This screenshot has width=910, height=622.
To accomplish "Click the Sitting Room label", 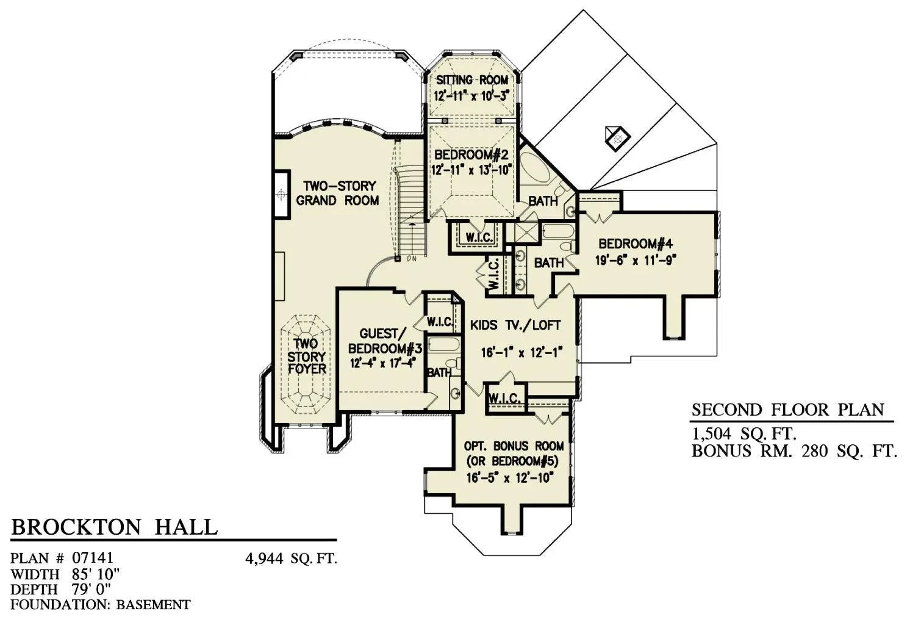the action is pos(471,80).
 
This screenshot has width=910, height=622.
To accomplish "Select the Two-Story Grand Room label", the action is pos(338,193).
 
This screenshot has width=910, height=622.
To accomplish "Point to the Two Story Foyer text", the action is pos(307,356).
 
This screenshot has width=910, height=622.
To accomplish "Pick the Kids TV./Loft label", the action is pos(515,325).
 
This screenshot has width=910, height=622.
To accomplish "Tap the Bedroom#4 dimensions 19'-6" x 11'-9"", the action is pos(636,260).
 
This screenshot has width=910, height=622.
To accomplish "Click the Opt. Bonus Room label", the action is pos(514,446).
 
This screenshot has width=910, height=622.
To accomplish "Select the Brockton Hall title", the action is pos(114,527).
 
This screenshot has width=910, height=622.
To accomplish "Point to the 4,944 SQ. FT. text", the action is pos(292,559).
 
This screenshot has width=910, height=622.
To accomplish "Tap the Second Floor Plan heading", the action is pos(788,410).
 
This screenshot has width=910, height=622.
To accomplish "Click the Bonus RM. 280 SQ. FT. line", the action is pos(794,451).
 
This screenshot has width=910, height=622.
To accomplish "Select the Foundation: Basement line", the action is pos(101,604).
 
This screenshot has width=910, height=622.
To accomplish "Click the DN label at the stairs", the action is pos(412,259).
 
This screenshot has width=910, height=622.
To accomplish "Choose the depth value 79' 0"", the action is pos(91,589).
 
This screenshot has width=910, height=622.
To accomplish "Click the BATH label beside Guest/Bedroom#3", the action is pos(439,372).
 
